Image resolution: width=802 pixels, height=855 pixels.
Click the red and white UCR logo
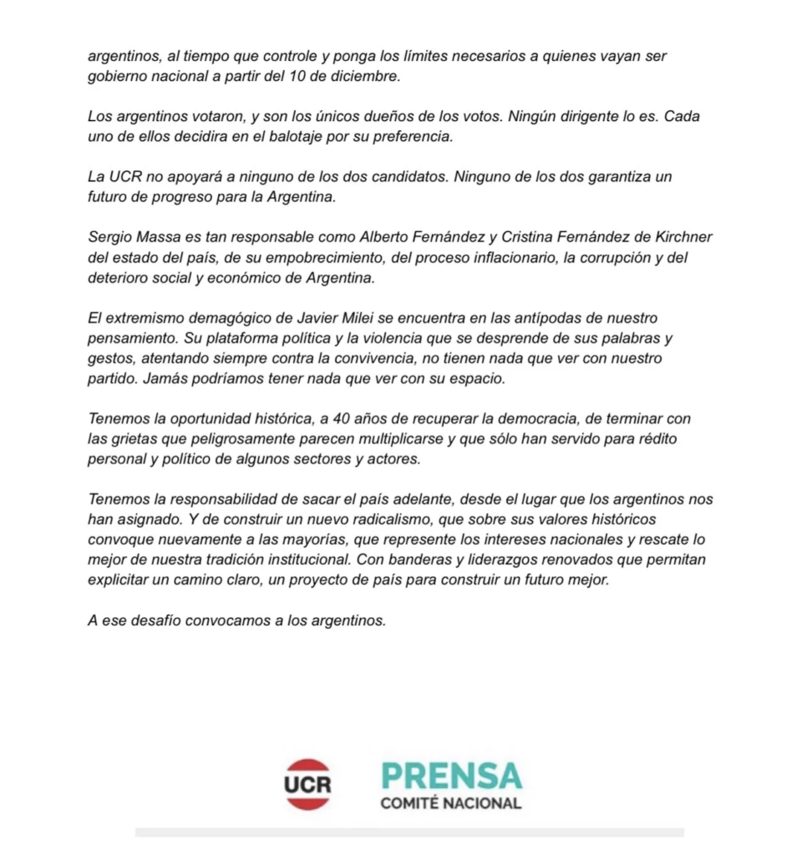307,783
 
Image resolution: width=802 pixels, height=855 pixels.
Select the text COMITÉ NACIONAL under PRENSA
450,804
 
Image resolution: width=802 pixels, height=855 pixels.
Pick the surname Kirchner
679,237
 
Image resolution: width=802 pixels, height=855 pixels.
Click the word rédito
667,438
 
